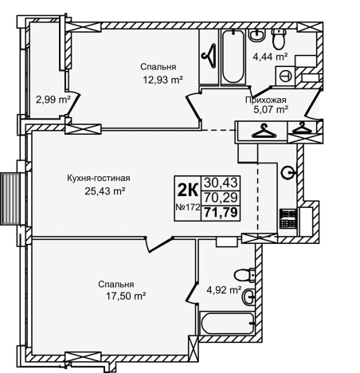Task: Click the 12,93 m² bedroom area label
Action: click(x=163, y=80)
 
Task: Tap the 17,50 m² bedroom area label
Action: click(x=126, y=296)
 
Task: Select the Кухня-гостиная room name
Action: click(x=99, y=178)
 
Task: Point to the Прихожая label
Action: click(x=266, y=100)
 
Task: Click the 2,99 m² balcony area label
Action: click(x=53, y=100)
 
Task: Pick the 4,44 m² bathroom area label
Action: click(x=271, y=57)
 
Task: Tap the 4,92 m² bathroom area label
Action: click(x=225, y=290)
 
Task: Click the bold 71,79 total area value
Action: click(x=221, y=213)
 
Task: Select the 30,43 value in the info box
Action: click(x=221, y=183)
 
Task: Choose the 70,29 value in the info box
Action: click(x=221, y=198)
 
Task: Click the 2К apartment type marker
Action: click(x=188, y=190)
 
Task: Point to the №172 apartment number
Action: click(x=188, y=207)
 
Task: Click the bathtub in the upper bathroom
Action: click(x=233, y=57)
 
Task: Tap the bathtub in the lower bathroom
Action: click(x=228, y=324)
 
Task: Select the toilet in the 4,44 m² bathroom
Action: click(x=278, y=39)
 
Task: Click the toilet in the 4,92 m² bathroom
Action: click(x=245, y=275)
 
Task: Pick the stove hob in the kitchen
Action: click(x=288, y=219)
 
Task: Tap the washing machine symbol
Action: click(x=286, y=76)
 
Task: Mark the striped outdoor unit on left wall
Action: click(x=10, y=198)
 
